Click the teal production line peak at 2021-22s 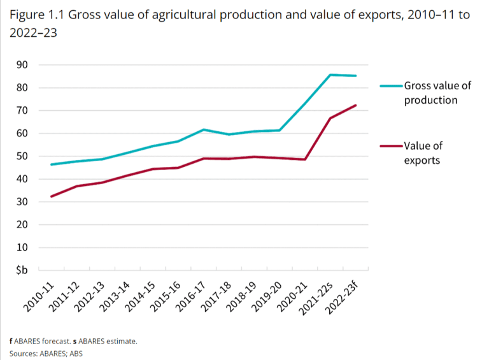(330, 75)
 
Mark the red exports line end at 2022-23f (355, 105)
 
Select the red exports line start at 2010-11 (51, 196)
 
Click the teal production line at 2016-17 (203, 129)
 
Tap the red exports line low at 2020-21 (305, 159)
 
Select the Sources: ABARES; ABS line (46, 353)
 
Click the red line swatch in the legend (391, 146)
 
